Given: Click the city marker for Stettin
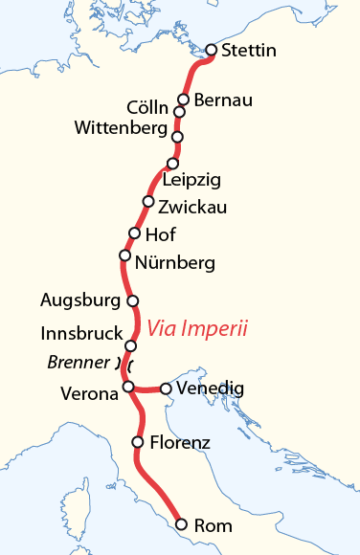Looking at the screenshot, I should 212,50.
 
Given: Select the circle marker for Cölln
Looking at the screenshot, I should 178,112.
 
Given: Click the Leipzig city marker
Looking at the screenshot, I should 173,163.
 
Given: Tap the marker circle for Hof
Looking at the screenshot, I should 134,233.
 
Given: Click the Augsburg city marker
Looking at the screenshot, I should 133,300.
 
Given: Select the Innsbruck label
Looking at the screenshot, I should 81,333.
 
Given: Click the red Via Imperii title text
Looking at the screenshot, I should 197,329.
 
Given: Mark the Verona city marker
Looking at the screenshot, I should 127,387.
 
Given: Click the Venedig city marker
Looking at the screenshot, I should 166,388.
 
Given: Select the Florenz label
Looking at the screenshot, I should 178,442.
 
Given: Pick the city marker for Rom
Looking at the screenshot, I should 181,523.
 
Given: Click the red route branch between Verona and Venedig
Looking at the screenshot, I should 146,389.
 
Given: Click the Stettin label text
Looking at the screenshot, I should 248,51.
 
